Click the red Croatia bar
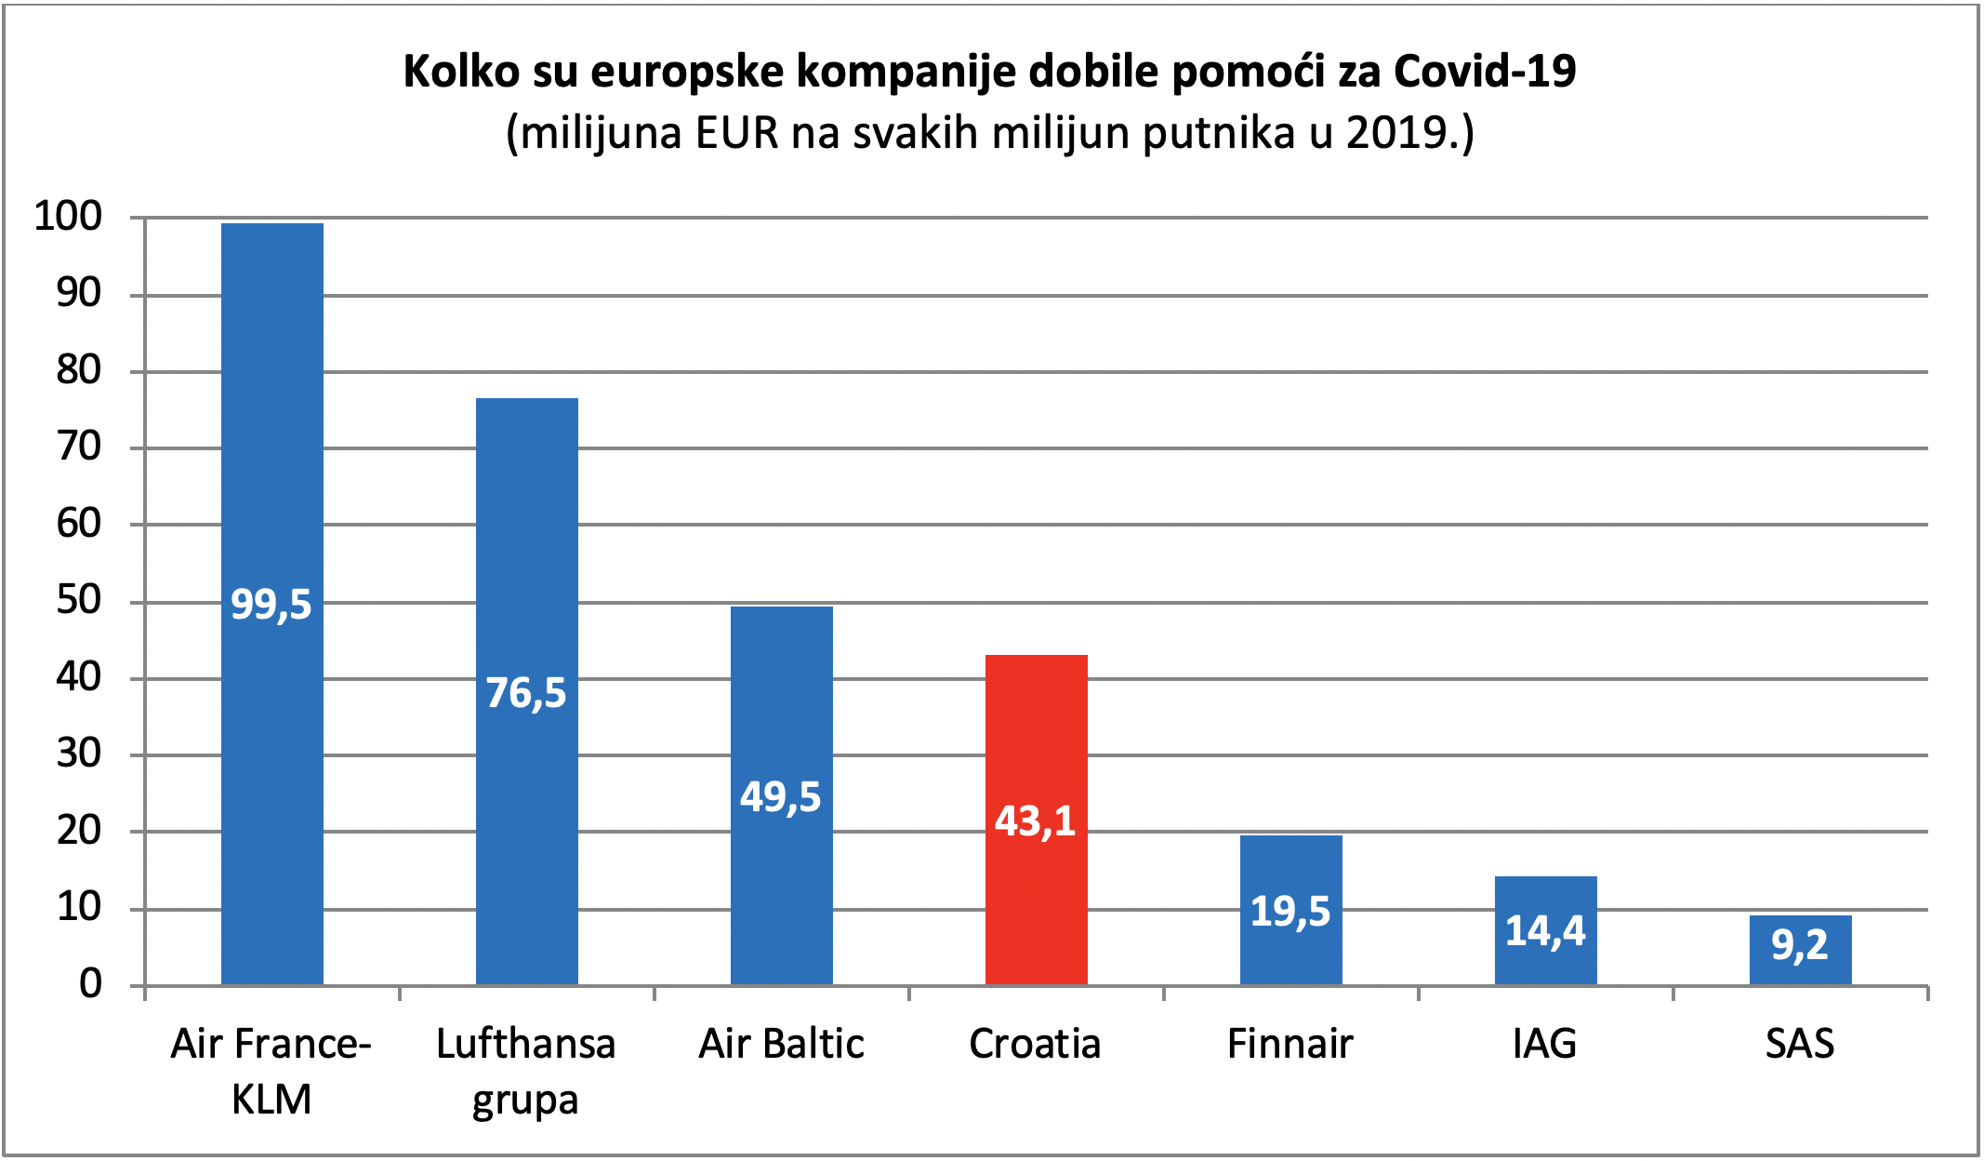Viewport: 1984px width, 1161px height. point(1036,820)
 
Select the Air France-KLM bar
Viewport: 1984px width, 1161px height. point(272,604)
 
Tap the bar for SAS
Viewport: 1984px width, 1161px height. point(1800,950)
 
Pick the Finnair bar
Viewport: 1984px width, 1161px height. point(1290,910)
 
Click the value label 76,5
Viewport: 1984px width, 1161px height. point(526,693)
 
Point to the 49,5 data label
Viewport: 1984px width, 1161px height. point(781,797)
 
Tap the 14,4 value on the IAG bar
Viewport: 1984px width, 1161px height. point(1545,930)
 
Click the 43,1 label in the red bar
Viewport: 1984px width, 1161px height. point(1036,821)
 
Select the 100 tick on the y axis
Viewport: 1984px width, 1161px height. point(68,216)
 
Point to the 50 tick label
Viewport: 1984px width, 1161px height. point(79,600)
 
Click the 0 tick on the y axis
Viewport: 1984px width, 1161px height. point(91,983)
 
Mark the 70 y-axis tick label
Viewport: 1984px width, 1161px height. point(79,447)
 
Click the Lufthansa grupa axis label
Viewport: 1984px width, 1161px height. point(526,1072)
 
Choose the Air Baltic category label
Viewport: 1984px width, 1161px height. point(781,1044)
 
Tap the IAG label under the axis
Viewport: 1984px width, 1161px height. point(1545,1044)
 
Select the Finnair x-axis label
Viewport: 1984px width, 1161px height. point(1290,1044)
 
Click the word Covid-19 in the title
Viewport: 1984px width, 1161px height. point(1485,71)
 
